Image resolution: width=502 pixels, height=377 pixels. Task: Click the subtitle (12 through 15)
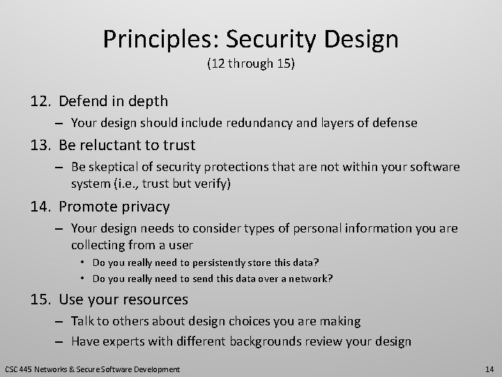250,66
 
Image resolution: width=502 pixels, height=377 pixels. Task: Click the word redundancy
261,123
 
